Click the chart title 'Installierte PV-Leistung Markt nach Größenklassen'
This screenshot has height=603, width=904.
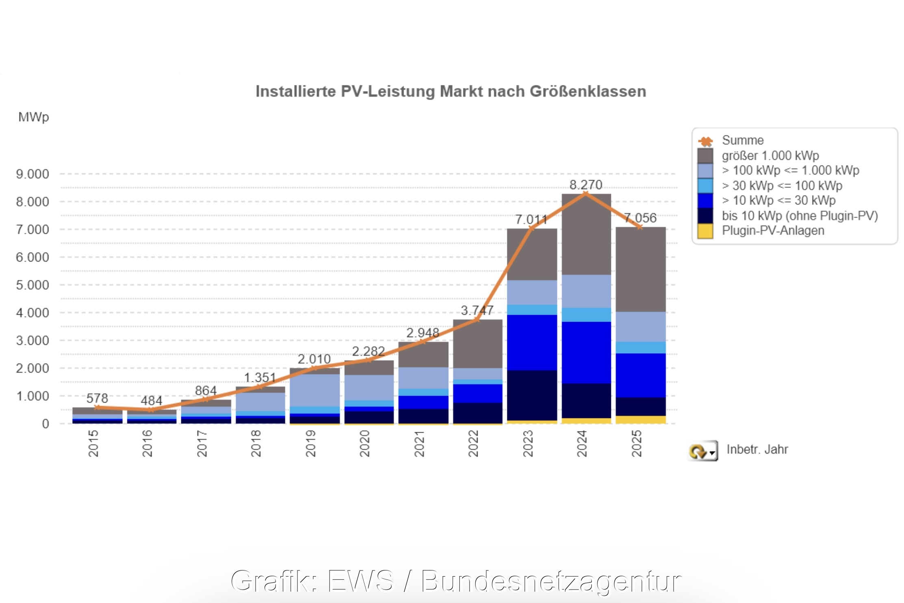click(x=450, y=91)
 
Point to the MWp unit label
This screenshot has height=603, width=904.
click(x=33, y=117)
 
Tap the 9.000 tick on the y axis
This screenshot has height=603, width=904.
click(x=33, y=174)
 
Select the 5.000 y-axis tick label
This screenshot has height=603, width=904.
click(x=33, y=285)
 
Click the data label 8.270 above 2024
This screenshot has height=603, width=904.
click(x=586, y=185)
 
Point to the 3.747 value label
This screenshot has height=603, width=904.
click(x=477, y=311)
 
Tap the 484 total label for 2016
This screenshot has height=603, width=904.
click(x=151, y=401)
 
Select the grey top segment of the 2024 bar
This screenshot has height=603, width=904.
click(x=586, y=234)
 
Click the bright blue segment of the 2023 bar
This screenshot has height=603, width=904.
click(x=532, y=342)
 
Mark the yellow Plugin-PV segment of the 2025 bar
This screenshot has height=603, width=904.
click(x=641, y=420)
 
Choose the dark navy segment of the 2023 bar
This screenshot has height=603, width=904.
click(x=532, y=395)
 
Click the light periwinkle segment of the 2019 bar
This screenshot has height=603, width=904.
click(x=315, y=390)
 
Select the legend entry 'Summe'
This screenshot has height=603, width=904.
click(x=743, y=140)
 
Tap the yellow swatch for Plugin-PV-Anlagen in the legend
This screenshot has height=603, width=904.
click(x=705, y=231)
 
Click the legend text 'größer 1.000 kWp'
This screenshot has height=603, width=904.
click(x=770, y=155)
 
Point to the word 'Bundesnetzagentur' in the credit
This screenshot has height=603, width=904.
click(x=551, y=581)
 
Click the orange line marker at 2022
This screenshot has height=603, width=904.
click(x=477, y=320)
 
